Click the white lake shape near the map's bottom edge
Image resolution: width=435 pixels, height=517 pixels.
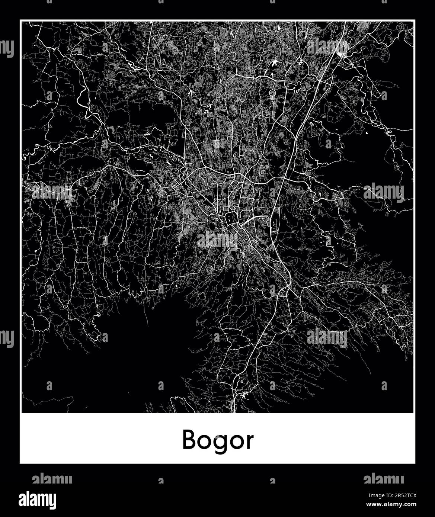pyautogui.click(x=244, y=397)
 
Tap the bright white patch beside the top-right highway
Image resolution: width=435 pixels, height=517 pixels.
pyautogui.click(x=340, y=55)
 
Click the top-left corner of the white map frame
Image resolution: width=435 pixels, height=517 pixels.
pyautogui.click(x=20, y=20)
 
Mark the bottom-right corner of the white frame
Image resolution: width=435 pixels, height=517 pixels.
pyautogui.click(x=415, y=463)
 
